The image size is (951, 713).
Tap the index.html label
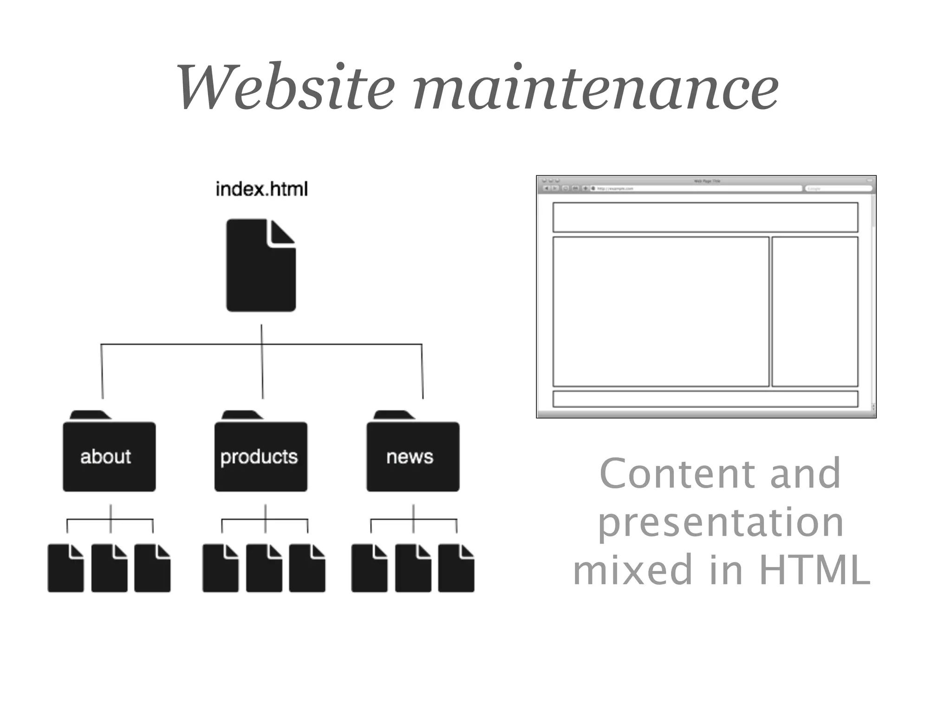pos(261,189)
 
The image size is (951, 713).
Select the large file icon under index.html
pos(261,266)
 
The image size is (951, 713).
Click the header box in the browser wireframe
pos(705,217)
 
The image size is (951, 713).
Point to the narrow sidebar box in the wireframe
pos(814,311)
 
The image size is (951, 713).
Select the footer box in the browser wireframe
pos(705,399)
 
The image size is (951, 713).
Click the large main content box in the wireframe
pos(661,311)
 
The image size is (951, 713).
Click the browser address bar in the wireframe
pos(697,188)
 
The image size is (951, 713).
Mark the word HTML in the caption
pos(814,570)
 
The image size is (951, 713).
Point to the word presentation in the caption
pos(720,522)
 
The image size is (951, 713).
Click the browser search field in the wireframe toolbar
pos(838,188)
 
